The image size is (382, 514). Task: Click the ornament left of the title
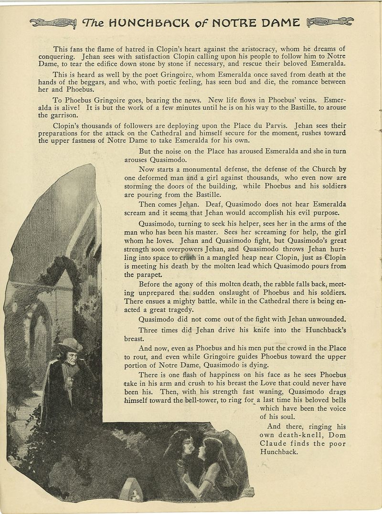point(52,22)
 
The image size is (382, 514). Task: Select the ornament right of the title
point(330,22)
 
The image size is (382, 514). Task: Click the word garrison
point(63,115)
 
